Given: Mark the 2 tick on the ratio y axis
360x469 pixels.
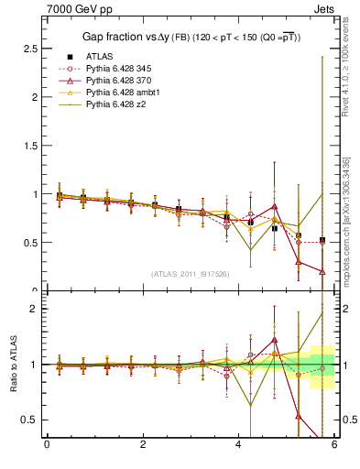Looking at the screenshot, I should coord(35,309).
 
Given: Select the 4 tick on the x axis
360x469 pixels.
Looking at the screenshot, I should coord(239,445).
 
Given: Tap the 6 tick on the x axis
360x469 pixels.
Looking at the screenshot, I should coord(335,445).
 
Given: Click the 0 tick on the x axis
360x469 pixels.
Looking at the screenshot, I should coord(47,445).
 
